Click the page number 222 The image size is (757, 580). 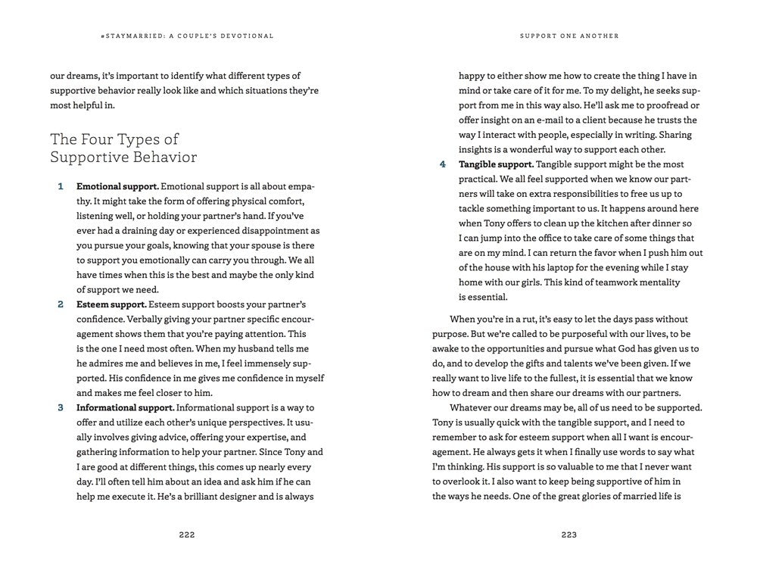187,535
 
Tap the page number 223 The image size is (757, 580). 569,535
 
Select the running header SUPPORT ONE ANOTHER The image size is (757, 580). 569,36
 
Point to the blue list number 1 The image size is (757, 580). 61,186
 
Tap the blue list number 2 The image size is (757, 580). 61,304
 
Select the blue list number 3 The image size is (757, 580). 61,407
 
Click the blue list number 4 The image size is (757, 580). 443,164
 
